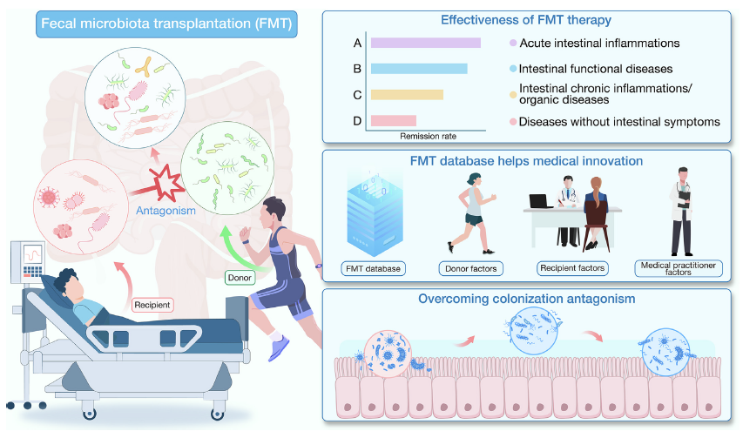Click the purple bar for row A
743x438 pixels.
click(x=426, y=43)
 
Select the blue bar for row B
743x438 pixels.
click(x=419, y=69)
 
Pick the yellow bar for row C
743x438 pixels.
click(x=407, y=95)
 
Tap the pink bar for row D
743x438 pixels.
click(x=394, y=121)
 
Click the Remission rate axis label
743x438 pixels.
click(x=428, y=137)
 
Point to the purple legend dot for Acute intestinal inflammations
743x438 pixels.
click(x=513, y=43)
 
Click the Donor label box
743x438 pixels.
click(x=240, y=278)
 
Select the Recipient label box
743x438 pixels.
click(x=152, y=305)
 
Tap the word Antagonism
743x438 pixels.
click(x=165, y=211)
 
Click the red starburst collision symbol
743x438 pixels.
click(x=165, y=183)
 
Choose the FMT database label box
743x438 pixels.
click(x=373, y=269)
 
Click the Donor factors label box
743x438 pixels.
click(x=471, y=269)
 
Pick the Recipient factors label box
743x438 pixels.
click(x=572, y=268)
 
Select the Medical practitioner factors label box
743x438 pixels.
click(x=679, y=268)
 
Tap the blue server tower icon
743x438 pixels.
click(x=375, y=214)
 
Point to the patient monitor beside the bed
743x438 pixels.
click(x=29, y=262)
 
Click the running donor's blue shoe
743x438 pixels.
click(x=278, y=348)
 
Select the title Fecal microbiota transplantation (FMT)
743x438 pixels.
click(x=166, y=24)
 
